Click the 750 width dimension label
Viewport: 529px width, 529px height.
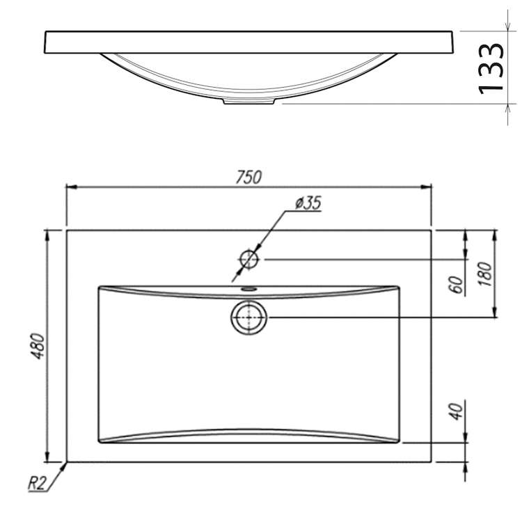(248, 177)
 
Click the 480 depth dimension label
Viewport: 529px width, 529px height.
(38, 346)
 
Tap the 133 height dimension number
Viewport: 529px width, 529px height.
(491, 69)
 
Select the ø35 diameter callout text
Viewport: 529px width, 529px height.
(308, 203)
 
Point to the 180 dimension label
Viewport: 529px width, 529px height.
(485, 274)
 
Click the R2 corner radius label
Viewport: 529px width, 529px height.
(36, 483)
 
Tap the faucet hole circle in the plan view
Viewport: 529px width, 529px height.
(249, 260)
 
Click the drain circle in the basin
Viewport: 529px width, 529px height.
(249, 317)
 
